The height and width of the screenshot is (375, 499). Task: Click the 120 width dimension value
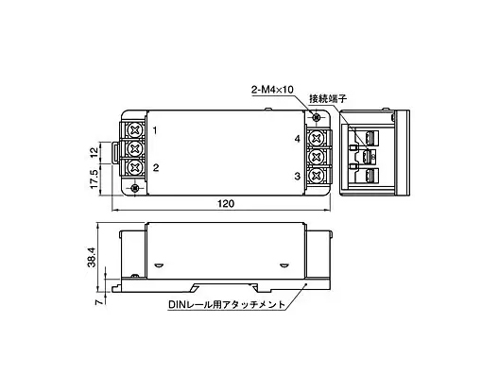coord(226,203)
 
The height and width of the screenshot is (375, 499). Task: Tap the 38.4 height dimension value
coord(92,258)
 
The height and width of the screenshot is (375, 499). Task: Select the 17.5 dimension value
coord(94,179)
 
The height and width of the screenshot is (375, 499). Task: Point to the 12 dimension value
coord(94,153)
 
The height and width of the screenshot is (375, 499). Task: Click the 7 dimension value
coord(100,301)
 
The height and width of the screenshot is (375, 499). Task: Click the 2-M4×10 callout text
coord(272,90)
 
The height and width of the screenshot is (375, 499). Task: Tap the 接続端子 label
coord(328,98)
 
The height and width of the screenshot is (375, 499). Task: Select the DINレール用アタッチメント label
coord(227,305)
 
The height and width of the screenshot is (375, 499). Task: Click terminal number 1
coord(155,130)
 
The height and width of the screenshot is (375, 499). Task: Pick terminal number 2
coord(156,167)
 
